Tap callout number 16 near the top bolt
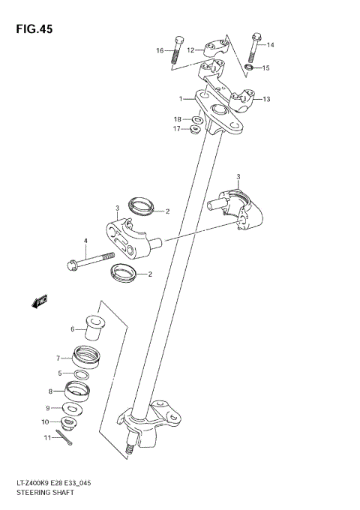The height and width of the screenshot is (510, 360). coord(159,50)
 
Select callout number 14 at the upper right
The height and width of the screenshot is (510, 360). coord(271,46)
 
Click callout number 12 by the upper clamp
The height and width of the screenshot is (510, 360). coord(190,50)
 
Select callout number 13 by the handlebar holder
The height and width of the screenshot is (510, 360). coord(266,99)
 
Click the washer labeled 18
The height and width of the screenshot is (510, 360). coord(196,119)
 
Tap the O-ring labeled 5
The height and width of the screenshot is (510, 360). coord(83,374)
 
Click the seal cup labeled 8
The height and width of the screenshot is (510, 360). coord(77,390)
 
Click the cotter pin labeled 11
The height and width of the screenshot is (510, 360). coord(68,440)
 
